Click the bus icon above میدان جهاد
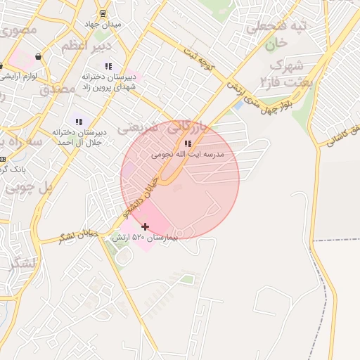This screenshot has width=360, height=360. click(x=103, y=13)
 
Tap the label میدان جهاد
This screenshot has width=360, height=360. click(x=103, y=24)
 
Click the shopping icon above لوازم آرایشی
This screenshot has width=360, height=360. click(x=37, y=57)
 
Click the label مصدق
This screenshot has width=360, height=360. click(x=57, y=89)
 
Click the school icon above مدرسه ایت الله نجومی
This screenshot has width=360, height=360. click(x=188, y=143)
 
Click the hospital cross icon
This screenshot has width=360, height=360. click(x=146, y=226)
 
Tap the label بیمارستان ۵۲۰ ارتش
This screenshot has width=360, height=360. click(x=145, y=238)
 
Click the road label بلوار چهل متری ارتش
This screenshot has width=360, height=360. click(x=260, y=98)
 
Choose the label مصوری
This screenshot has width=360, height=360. click(x=18, y=30)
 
